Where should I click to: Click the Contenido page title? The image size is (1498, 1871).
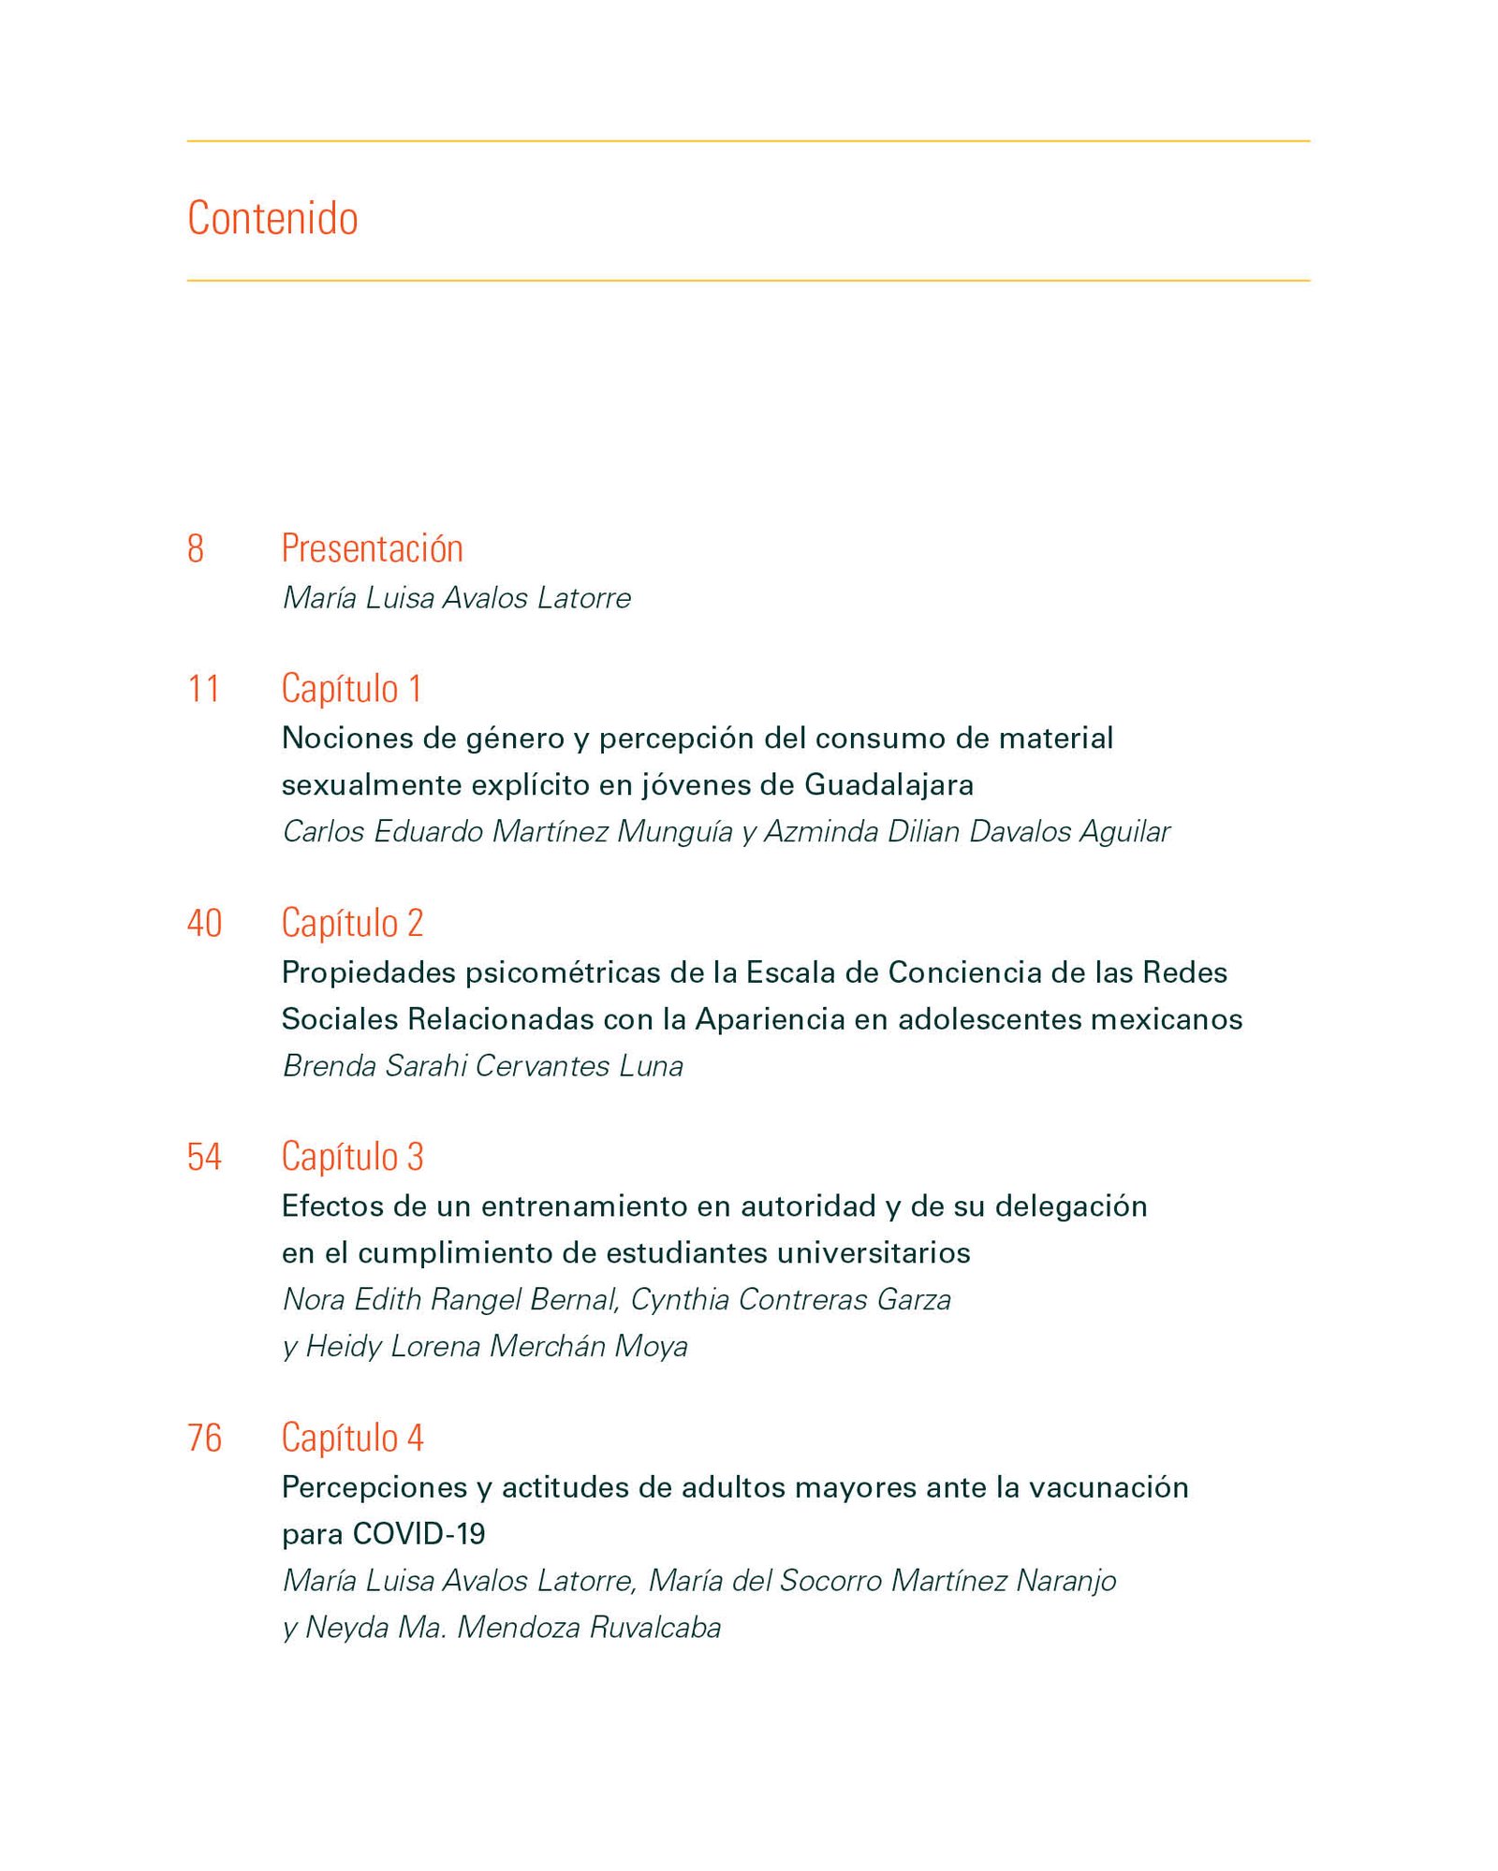272,218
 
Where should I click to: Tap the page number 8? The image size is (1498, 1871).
196,548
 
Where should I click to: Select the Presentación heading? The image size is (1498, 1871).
372,548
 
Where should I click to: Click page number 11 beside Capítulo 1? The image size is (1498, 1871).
203,689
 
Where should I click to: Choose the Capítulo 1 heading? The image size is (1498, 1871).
351,689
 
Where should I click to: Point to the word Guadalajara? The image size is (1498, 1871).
889,784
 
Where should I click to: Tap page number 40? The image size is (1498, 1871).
204,923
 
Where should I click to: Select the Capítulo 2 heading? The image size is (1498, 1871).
352,923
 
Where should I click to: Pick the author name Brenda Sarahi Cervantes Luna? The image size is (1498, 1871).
482,1065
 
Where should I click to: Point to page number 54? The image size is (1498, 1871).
204,1157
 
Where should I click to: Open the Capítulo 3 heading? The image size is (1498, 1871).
352,1157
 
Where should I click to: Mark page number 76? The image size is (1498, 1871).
204,1438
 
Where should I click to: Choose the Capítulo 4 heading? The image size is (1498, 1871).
352,1438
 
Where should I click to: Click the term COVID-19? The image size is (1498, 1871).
419,1534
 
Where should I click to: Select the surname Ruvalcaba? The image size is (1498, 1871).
654,1628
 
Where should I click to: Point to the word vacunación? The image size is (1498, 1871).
1108,1487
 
